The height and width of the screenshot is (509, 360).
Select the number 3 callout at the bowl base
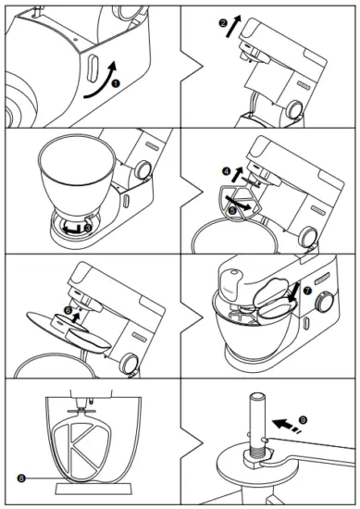click(87, 223)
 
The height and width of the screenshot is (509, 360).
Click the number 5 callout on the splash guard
click(231, 209)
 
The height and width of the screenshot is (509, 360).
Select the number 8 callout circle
click(20, 477)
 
